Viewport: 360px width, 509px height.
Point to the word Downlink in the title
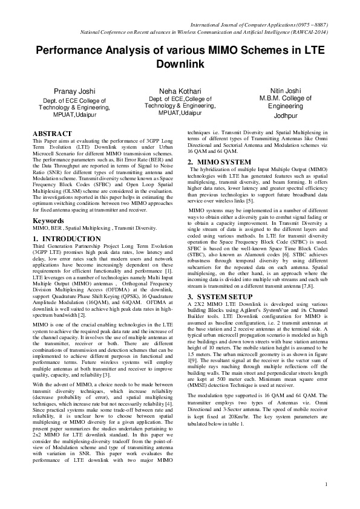point(180,63)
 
